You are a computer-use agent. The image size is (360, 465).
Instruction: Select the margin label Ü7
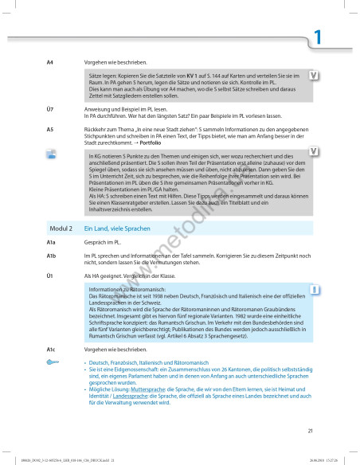50,108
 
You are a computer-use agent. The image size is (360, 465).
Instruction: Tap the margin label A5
50,128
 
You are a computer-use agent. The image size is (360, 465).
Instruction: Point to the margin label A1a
51,241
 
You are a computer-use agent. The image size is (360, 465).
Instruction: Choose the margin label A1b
51,256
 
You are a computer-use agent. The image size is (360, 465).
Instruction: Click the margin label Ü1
50,275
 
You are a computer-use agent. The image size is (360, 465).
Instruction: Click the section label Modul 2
61,228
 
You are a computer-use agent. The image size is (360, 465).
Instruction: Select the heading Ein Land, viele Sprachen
116,228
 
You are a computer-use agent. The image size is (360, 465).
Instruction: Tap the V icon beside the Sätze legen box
315,76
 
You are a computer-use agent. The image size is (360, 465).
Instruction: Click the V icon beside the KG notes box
315,158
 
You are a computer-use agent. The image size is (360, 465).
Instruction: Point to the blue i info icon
315,288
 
